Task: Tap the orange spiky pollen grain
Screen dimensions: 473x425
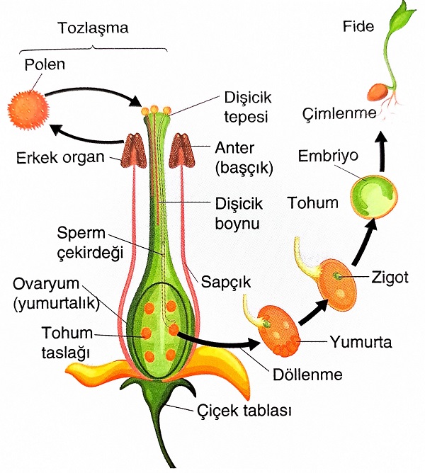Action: click(27, 108)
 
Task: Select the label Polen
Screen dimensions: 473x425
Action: click(44, 65)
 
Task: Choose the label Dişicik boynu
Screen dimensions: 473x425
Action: click(239, 212)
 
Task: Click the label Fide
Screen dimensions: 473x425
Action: click(357, 27)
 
